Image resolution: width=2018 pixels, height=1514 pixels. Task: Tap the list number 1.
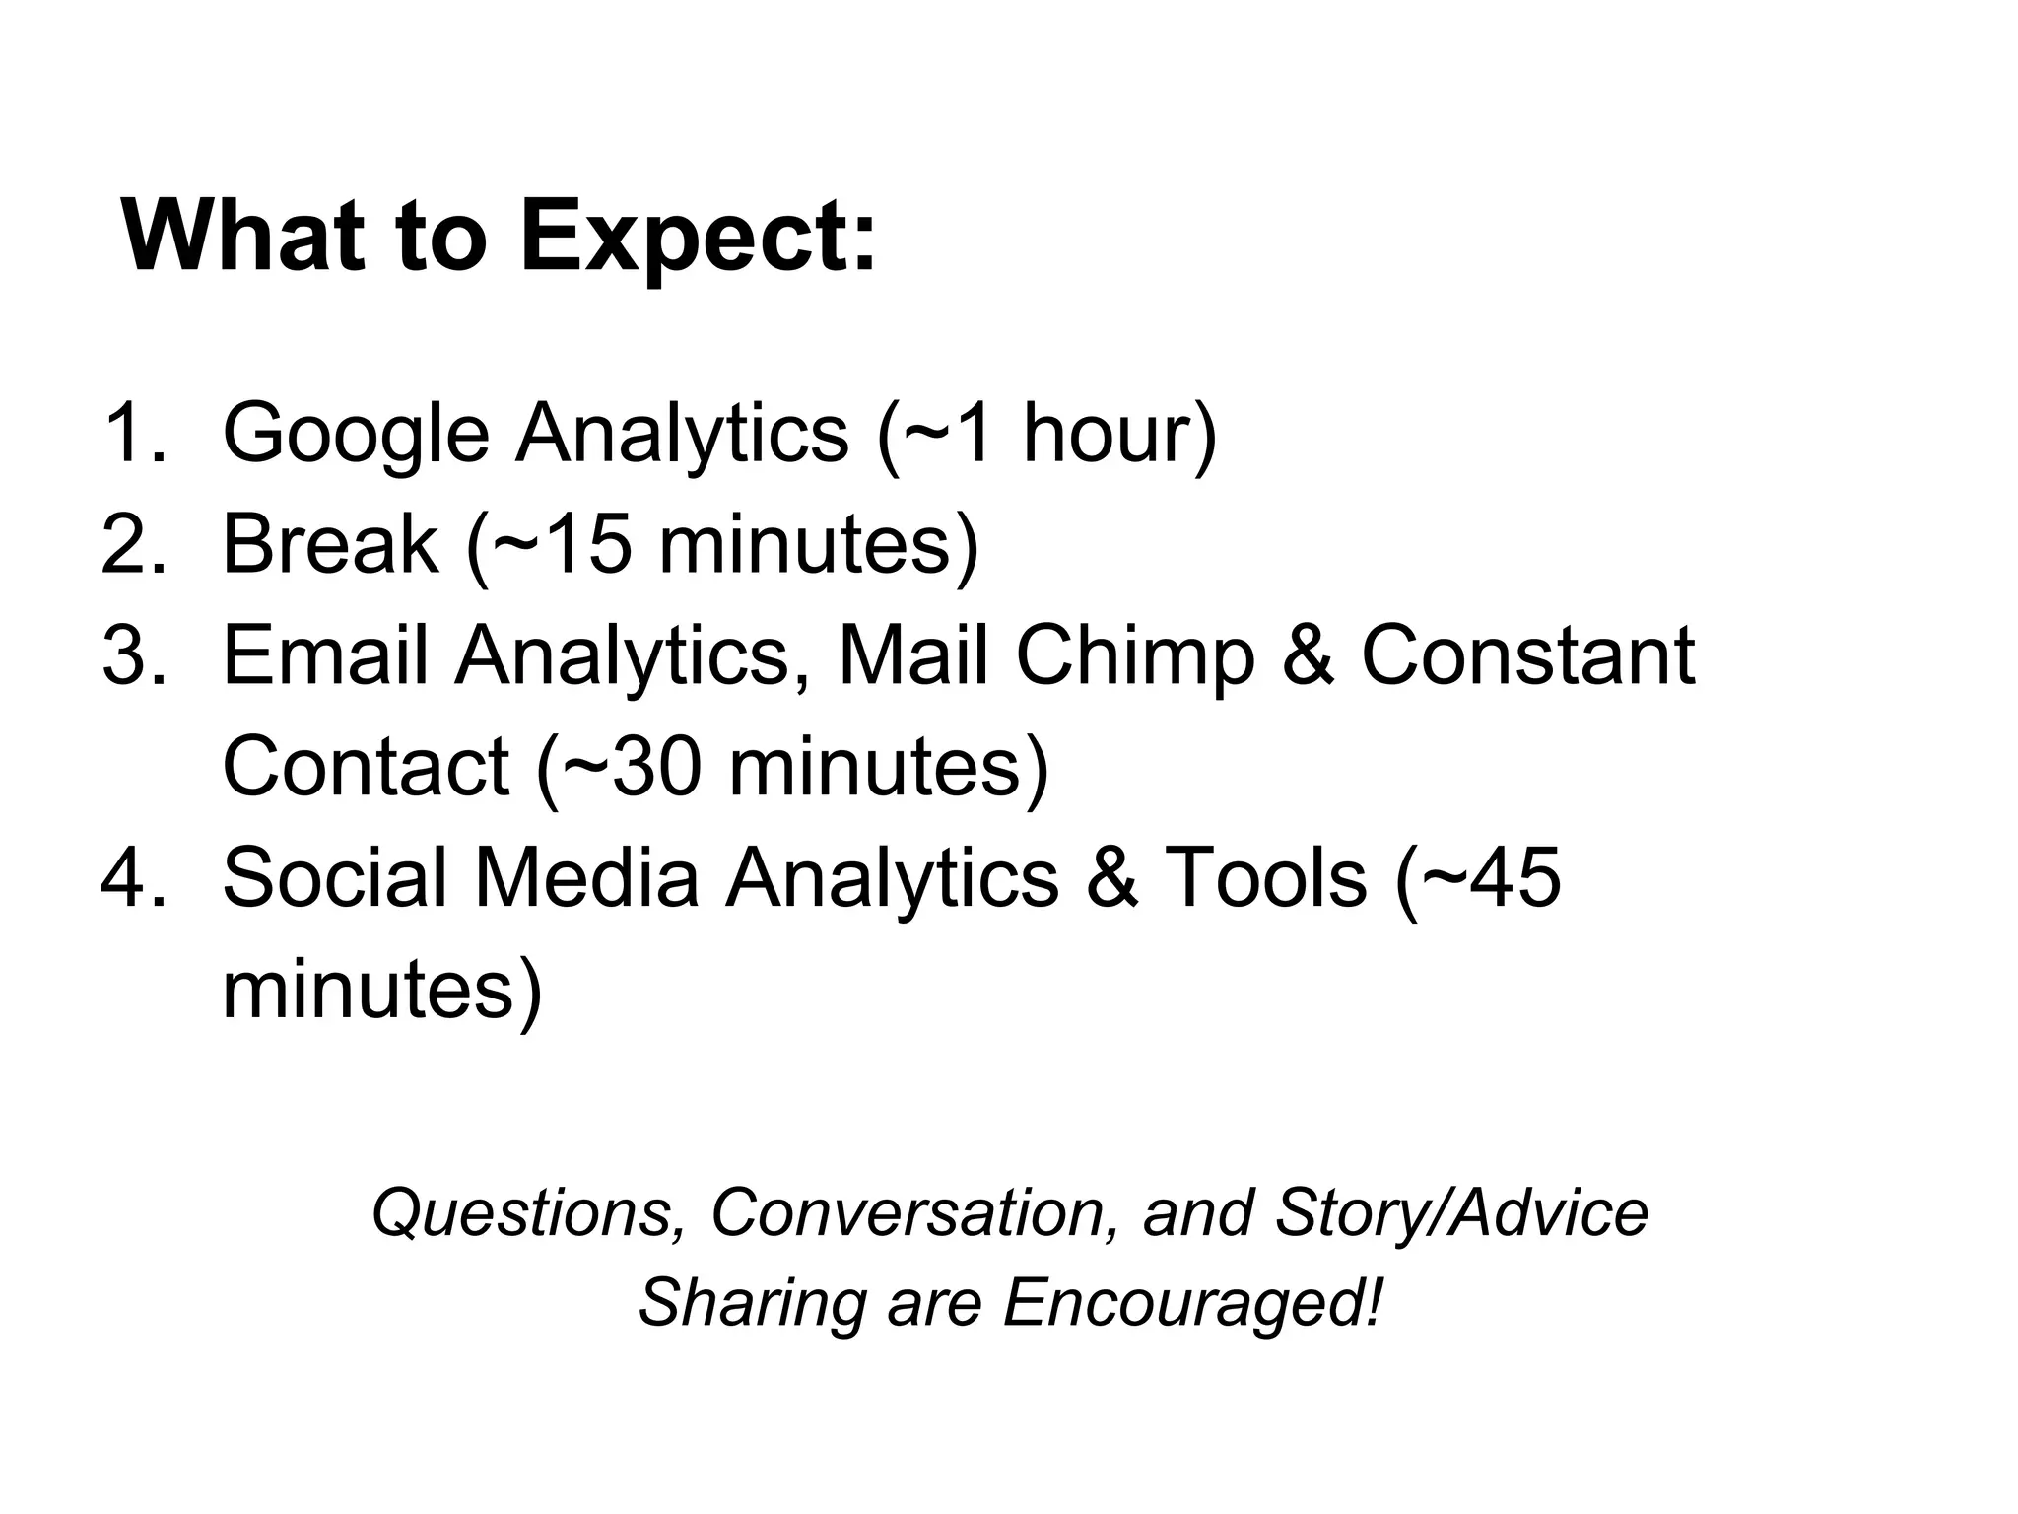point(133,433)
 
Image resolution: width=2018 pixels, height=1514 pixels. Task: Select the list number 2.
point(133,544)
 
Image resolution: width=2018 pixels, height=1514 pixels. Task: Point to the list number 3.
point(133,655)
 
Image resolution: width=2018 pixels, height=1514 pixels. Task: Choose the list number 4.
point(133,877)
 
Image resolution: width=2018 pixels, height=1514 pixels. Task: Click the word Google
point(356,435)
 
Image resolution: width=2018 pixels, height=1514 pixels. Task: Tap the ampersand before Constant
point(1308,655)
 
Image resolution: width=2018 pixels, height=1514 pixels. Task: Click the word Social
point(334,877)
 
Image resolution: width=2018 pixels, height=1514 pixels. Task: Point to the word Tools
point(1266,877)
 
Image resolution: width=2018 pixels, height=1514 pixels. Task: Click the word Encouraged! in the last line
point(1193,1302)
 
